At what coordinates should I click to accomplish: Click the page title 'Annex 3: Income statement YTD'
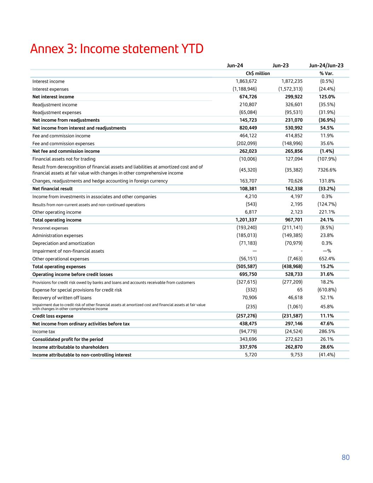click(x=117, y=49)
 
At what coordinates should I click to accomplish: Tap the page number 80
click(x=345, y=458)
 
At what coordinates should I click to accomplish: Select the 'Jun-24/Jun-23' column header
click(x=326, y=65)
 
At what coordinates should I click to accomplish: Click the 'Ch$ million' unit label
click(x=258, y=74)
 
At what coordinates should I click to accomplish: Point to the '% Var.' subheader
click(x=326, y=74)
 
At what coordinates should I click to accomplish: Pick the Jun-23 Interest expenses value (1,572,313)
click(x=290, y=89)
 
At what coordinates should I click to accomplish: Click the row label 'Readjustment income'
click(x=55, y=105)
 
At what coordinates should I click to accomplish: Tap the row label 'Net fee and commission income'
click(x=66, y=151)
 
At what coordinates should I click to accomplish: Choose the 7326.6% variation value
click(x=327, y=170)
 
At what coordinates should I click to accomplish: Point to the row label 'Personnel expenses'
click(x=50, y=228)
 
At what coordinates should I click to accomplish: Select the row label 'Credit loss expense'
click(x=53, y=316)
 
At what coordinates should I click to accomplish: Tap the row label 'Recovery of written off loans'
click(x=62, y=298)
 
